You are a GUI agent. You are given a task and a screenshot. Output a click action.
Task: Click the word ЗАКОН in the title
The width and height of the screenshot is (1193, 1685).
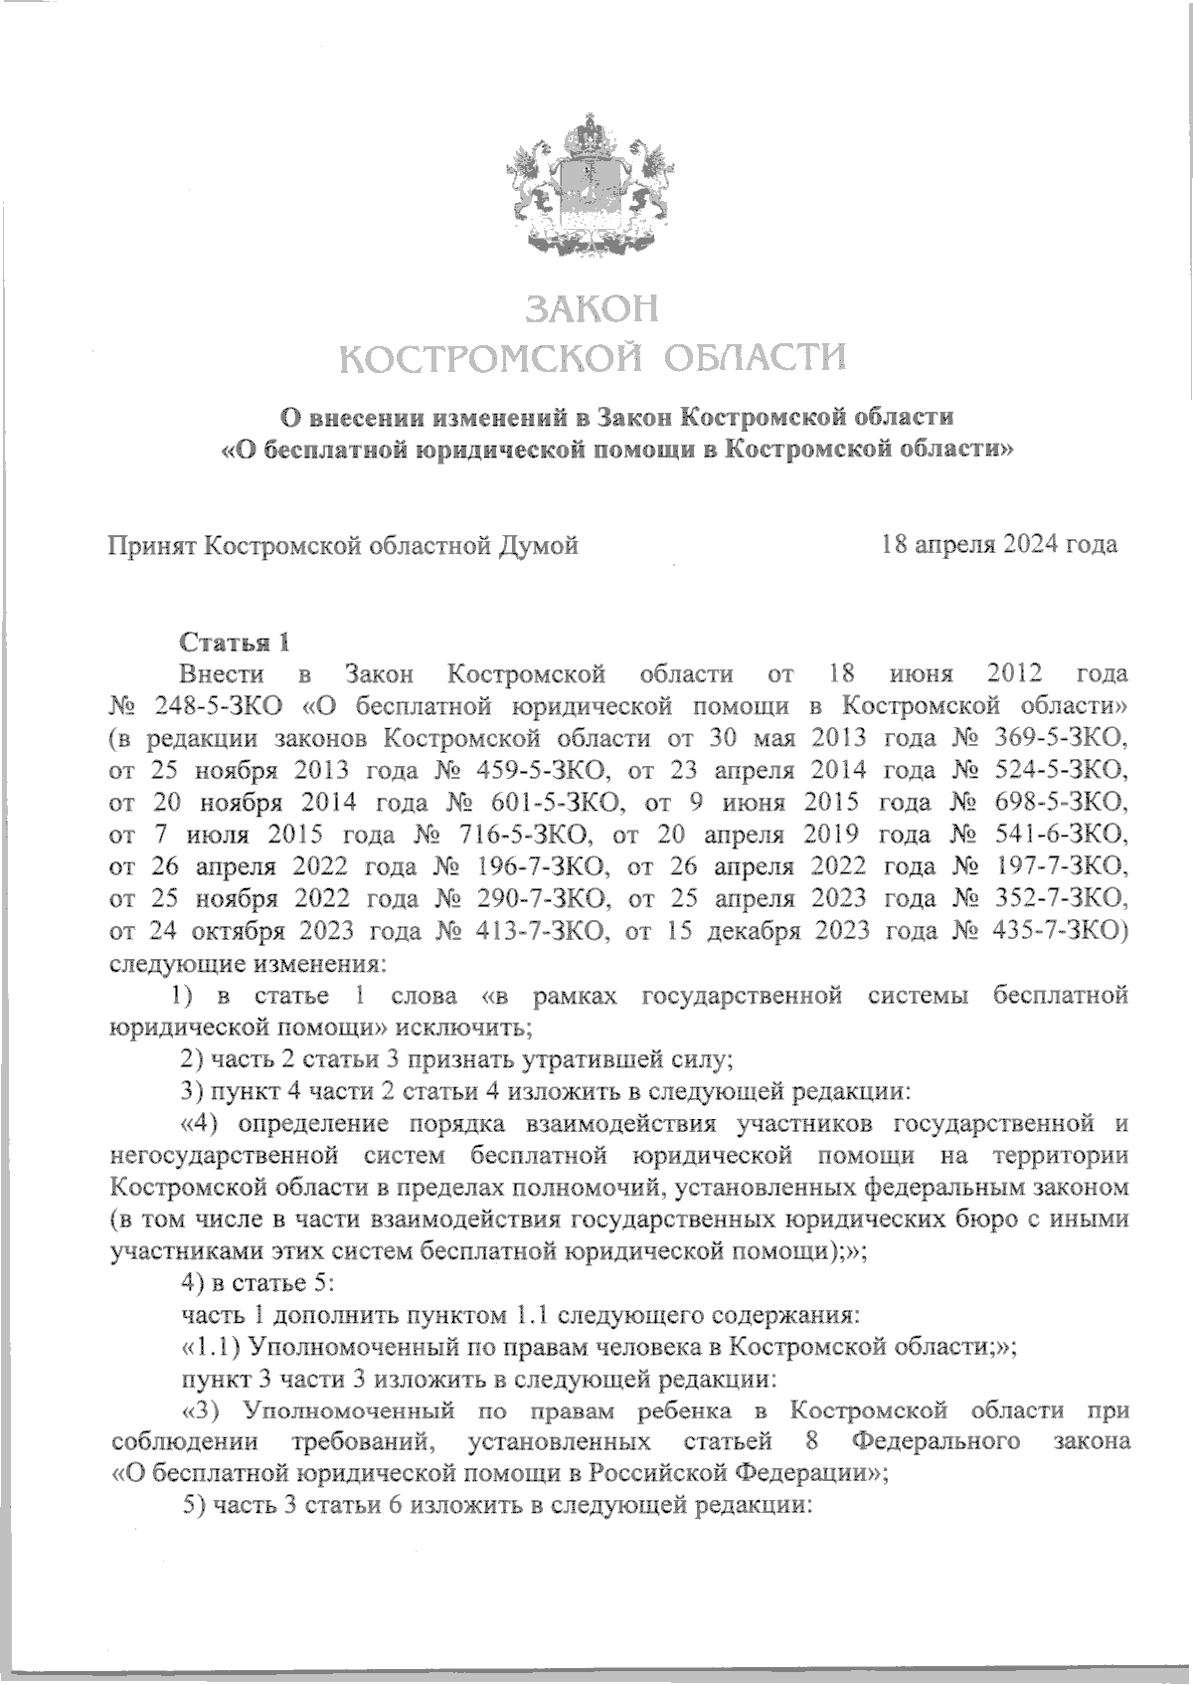pos(593,309)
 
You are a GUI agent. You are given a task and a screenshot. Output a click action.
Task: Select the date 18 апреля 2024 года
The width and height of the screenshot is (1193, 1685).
pos(998,544)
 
